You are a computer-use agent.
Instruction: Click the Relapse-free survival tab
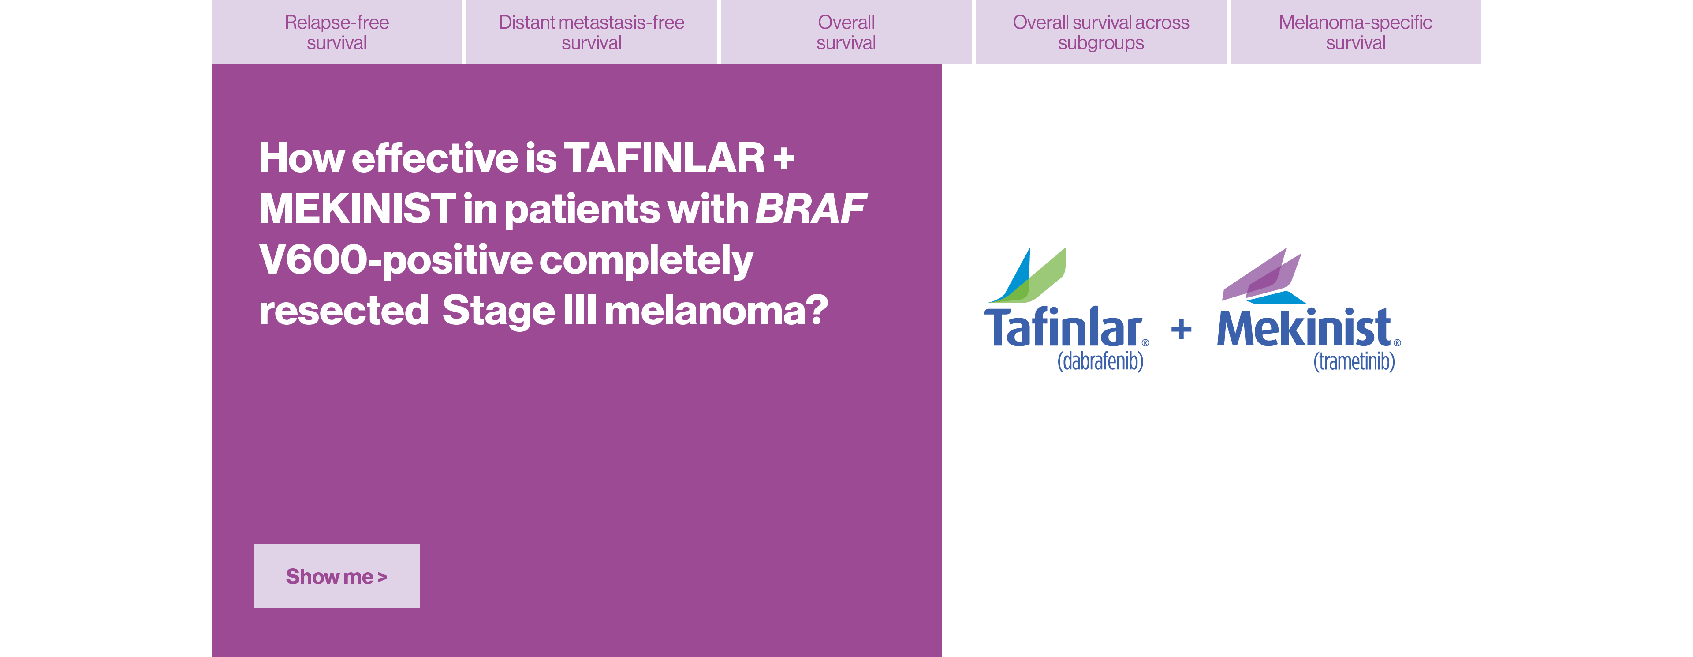click(336, 32)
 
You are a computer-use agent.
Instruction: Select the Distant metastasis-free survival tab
click(592, 32)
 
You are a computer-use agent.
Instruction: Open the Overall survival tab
click(846, 32)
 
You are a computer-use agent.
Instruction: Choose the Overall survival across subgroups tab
click(1101, 32)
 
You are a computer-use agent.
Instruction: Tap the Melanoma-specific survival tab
click(1355, 32)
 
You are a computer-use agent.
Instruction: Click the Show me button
click(336, 576)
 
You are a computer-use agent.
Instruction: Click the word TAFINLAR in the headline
click(664, 158)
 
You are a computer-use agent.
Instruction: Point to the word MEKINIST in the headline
click(357, 209)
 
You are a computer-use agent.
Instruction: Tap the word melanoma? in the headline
click(716, 311)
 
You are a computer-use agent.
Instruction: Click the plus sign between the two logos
click(1181, 329)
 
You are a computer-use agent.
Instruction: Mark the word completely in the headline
click(646, 260)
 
